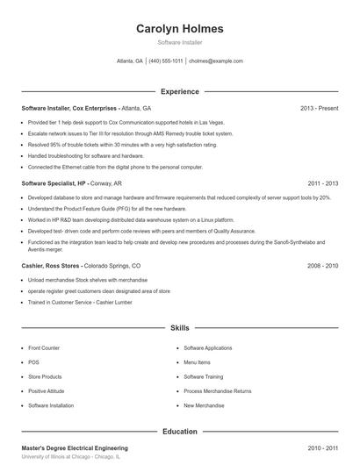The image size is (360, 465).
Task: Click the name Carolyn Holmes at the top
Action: coord(179,29)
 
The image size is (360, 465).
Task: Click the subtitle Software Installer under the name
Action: coord(179,42)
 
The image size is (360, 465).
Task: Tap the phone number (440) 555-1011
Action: coord(166,61)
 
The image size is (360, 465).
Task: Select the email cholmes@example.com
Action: coord(215,61)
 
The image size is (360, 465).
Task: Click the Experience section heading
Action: coord(179,91)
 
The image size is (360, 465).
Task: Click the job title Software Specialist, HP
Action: coord(54,183)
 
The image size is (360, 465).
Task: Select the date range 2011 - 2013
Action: coord(323,183)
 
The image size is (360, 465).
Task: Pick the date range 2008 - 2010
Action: coord(323,265)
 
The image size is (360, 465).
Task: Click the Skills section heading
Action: coord(179,327)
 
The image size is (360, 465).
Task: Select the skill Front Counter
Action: coord(44,348)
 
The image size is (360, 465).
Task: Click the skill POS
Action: coord(33,362)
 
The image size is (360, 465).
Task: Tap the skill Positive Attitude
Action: coord(47,391)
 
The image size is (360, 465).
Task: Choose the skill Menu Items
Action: coord(197,362)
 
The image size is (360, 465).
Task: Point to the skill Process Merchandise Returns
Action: coord(217,391)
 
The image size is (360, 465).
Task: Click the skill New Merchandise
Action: coord(204,405)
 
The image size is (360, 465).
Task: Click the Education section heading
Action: coord(179,432)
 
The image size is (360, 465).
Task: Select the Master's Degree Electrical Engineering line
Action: coord(75,448)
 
